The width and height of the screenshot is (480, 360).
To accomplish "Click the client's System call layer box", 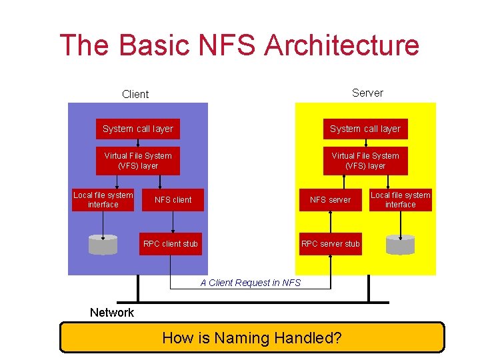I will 138,129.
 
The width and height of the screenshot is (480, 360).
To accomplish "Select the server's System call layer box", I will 365,129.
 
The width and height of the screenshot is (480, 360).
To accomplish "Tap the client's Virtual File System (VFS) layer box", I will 138,161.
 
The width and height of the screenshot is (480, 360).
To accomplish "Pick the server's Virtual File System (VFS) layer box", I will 365,161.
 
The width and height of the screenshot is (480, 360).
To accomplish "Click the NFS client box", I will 173,199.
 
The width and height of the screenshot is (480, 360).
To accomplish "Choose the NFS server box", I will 330,199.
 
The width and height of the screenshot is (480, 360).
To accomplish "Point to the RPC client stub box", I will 171,243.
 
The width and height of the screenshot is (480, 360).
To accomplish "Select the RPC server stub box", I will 331,243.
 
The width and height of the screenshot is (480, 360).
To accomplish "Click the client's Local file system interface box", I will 103,199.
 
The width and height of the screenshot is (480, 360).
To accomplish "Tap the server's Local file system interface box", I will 401,199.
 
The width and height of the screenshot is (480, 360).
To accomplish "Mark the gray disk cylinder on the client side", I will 103,245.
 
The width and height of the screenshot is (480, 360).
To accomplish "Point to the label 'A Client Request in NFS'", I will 251,283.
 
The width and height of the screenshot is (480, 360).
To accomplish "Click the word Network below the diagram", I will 112,313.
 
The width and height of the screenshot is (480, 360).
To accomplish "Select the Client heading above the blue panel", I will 135,94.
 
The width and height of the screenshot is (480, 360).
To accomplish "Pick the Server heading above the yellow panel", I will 367,93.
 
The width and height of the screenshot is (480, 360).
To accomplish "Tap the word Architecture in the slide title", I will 342,45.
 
